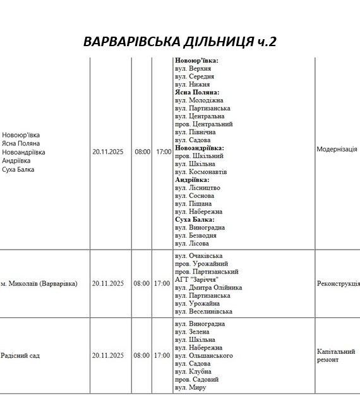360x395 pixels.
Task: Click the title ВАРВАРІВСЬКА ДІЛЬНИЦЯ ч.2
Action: [179, 42]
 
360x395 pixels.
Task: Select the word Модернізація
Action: [337, 150]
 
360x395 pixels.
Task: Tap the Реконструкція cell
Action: [338, 284]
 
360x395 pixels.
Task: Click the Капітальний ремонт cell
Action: [336, 355]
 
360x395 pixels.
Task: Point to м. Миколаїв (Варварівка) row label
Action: [39, 284]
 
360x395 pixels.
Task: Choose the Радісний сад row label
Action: [20, 356]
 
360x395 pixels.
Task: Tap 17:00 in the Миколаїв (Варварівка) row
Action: [162, 284]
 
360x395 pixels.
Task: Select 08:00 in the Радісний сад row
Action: [141, 356]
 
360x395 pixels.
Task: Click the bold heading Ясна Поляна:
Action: [197, 92]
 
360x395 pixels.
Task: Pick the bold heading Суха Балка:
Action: [195, 219]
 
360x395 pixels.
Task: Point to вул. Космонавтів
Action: [201, 172]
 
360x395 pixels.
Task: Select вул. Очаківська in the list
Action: [198, 255]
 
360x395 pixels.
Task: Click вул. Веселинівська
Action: [203, 312]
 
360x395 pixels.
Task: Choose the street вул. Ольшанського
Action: [203, 356]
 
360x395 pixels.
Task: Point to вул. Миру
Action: [190, 387]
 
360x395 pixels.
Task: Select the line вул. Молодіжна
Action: [199, 100]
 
